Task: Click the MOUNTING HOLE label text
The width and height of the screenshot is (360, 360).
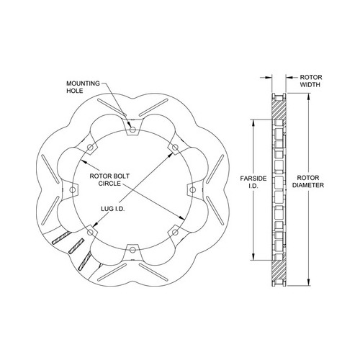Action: [x=83, y=87]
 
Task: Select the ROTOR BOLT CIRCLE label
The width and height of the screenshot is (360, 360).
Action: [x=109, y=180]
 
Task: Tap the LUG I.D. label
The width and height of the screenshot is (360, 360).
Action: [x=113, y=209]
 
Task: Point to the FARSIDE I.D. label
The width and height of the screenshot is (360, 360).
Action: [x=253, y=182]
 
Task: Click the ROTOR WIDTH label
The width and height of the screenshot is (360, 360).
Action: [x=311, y=81]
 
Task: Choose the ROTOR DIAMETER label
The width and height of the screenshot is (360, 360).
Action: [x=308, y=181]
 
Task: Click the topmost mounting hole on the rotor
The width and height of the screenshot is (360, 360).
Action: [x=132, y=130]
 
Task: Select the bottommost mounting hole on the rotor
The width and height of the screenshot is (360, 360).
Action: [x=132, y=250]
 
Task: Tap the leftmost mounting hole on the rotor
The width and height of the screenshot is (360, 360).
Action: [x=72, y=190]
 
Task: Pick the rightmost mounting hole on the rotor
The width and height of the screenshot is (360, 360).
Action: [x=192, y=190]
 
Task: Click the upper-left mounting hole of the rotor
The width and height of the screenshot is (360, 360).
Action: [x=90, y=147]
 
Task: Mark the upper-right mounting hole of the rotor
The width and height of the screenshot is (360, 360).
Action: [x=175, y=147]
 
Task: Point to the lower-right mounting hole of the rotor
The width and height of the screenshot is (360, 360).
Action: [x=175, y=232]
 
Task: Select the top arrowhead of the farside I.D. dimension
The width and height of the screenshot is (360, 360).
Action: [x=253, y=122]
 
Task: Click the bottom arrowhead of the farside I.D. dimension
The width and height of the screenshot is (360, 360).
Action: [x=253, y=257]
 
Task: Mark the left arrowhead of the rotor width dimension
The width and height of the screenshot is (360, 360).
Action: [x=269, y=77]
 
